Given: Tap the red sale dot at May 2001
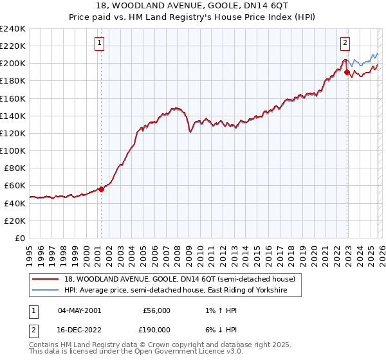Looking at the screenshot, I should click(101, 189).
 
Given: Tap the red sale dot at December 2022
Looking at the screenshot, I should click(347, 73).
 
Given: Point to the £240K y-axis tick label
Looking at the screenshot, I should click(13, 29).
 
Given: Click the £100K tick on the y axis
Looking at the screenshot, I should click(13, 150).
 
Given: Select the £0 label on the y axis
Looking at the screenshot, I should click(21, 238).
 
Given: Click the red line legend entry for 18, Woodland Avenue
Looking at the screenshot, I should click(179, 280).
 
